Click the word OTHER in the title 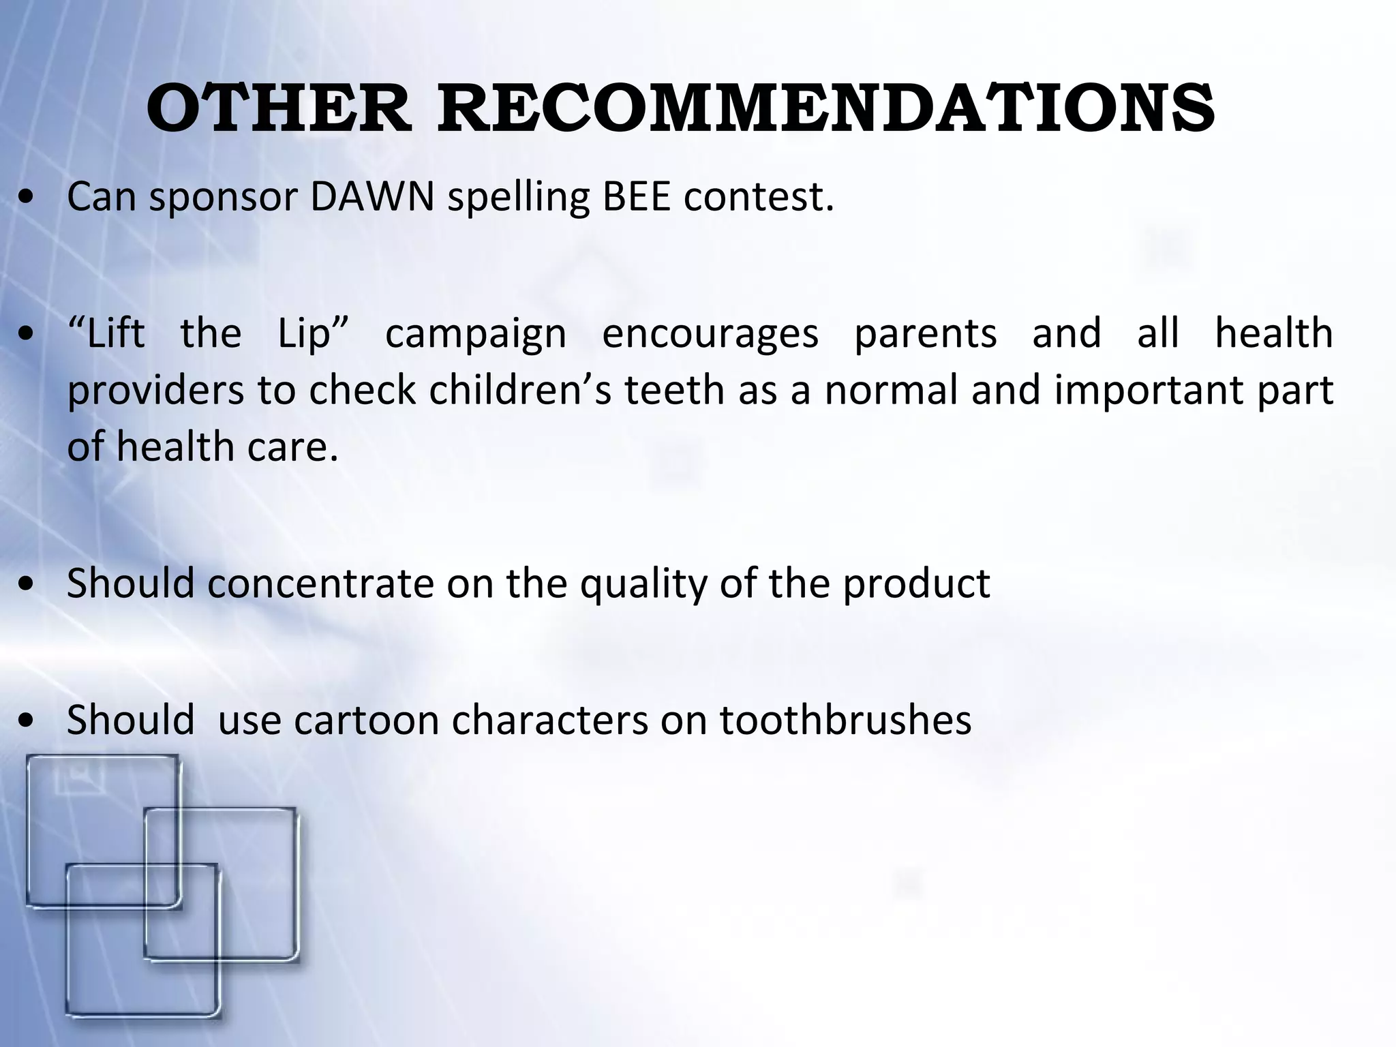(x=278, y=109)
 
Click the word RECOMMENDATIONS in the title (x=825, y=109)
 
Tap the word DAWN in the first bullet (x=372, y=197)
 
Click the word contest (x=759, y=197)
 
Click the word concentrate (x=320, y=584)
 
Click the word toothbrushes (x=845, y=720)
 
